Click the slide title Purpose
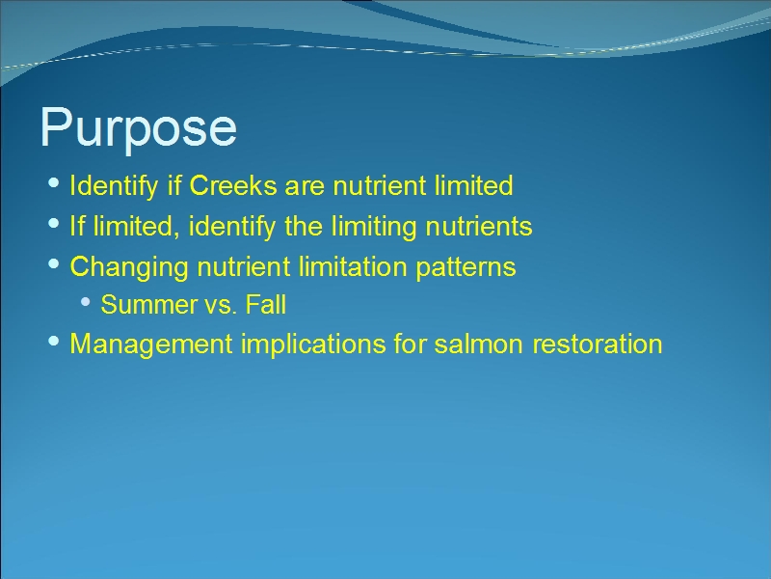[x=138, y=128]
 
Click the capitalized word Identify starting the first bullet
[x=113, y=186]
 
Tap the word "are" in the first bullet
[x=305, y=188]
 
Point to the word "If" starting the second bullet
[x=77, y=226]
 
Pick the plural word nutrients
[x=479, y=228]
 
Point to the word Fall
[x=266, y=305]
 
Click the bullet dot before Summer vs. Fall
[x=85, y=302]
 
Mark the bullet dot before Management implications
[x=54, y=342]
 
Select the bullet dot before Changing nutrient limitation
[x=54, y=263]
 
